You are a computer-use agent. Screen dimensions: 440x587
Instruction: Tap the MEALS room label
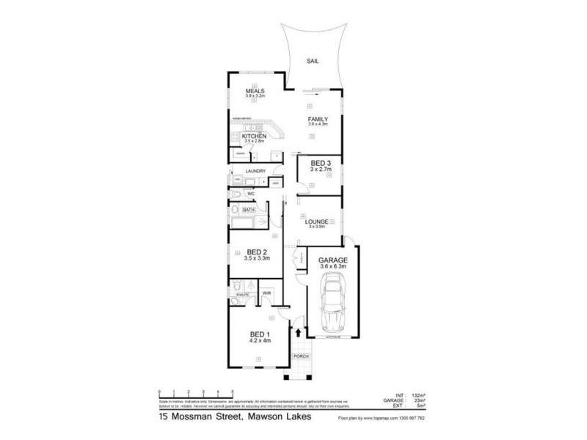click(x=255, y=91)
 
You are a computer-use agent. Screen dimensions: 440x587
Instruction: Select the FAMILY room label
click(x=318, y=119)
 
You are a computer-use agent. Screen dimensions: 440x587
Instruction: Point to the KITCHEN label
click(x=254, y=136)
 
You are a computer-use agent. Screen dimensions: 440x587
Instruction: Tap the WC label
click(x=249, y=193)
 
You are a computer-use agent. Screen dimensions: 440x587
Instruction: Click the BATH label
click(x=238, y=209)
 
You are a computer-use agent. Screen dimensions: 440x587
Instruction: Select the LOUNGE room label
click(x=316, y=221)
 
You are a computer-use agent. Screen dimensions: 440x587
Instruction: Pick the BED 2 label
click(x=258, y=252)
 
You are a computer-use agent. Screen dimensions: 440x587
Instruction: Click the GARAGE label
click(x=332, y=260)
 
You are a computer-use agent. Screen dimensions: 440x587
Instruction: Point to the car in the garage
click(x=333, y=307)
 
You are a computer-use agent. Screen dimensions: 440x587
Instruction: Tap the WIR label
click(x=266, y=293)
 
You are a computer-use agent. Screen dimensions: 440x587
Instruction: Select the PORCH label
click(x=300, y=356)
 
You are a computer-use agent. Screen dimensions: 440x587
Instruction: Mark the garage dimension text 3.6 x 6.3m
click(x=333, y=268)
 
